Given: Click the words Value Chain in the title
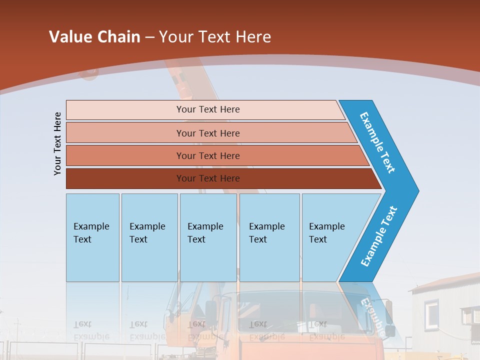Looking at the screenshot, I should coord(94,37).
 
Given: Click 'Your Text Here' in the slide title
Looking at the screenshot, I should coord(215,37).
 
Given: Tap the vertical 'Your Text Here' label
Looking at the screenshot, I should coord(57,143).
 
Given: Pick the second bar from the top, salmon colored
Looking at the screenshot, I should coord(207,133).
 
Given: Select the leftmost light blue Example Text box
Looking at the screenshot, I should coord(92,237).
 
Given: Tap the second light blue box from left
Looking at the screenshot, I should coord(149,237).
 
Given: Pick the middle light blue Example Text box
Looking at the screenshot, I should coord(208,237).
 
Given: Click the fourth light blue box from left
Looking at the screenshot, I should coord(269,237).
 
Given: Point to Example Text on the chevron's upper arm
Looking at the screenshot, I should coord(377,142).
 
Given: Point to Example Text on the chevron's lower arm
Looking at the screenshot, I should coord(378,236).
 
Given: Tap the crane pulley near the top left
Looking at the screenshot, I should coord(89,73).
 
